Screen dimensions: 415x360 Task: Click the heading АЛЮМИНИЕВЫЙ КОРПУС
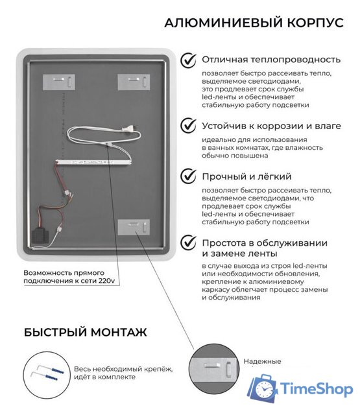(x=254, y=23)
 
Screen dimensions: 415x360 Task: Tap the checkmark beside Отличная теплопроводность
(x=189, y=60)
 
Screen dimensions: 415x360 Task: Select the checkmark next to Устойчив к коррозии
(x=189, y=124)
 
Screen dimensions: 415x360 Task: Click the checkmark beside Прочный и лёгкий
(x=189, y=176)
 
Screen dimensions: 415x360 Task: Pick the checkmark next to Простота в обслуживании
(x=189, y=242)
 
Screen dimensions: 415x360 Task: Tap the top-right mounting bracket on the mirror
(x=134, y=82)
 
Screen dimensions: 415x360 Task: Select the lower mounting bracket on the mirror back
(x=134, y=228)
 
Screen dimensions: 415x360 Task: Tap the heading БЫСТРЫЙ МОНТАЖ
(x=85, y=332)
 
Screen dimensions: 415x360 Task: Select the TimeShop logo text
(x=317, y=389)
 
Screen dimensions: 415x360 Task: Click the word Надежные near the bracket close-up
(x=262, y=361)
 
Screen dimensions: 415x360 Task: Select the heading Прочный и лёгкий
(x=246, y=176)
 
